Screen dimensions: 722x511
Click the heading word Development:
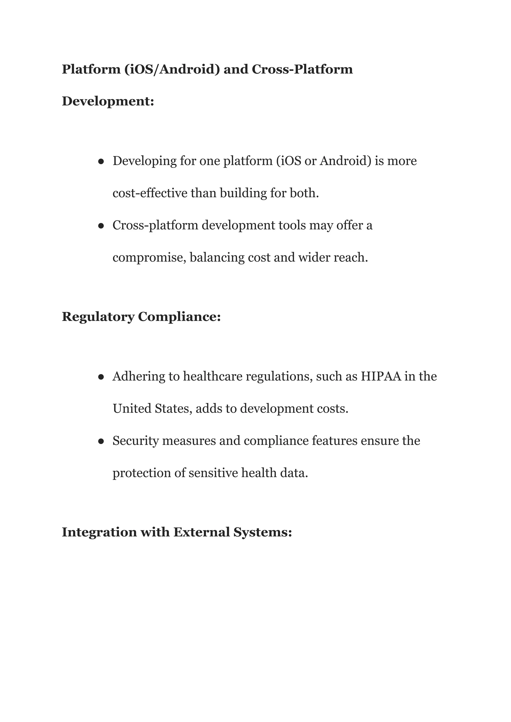[x=108, y=101]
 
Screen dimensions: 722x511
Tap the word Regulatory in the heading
[x=98, y=317]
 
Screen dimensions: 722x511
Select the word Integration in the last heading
[x=99, y=532]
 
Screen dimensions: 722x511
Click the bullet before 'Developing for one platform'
[x=101, y=161]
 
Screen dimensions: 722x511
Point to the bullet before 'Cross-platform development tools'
[x=101, y=226]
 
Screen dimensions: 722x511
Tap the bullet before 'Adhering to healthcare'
[x=101, y=377]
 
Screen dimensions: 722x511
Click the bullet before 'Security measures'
[x=101, y=441]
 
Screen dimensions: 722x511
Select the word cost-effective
[x=150, y=193]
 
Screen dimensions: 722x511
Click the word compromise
[x=149, y=258]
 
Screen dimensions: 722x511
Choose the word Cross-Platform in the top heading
[x=302, y=69]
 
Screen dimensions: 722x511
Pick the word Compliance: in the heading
[x=179, y=317]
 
